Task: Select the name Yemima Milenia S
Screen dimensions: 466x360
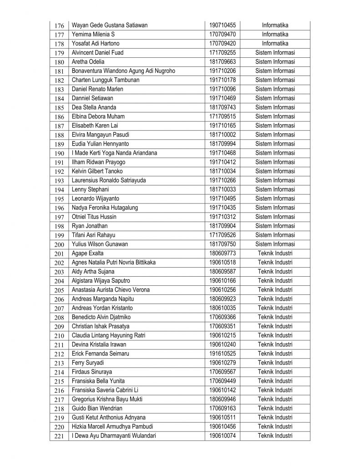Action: (x=93, y=35)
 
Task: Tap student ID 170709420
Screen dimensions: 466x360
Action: (x=222, y=44)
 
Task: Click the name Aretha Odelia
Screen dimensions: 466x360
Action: (x=88, y=62)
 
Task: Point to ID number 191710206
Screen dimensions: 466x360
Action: (x=222, y=71)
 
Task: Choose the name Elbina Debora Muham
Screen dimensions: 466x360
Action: (x=98, y=116)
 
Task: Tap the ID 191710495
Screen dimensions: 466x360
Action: (x=222, y=198)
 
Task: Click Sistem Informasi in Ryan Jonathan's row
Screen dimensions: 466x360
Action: (x=275, y=226)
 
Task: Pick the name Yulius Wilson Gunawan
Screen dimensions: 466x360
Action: (x=100, y=244)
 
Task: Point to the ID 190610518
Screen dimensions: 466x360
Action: (x=222, y=262)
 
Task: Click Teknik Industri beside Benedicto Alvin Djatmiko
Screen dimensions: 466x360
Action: (x=275, y=317)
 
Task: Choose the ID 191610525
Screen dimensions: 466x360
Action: (x=222, y=353)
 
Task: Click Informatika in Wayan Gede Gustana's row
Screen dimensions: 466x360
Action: (x=275, y=25)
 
